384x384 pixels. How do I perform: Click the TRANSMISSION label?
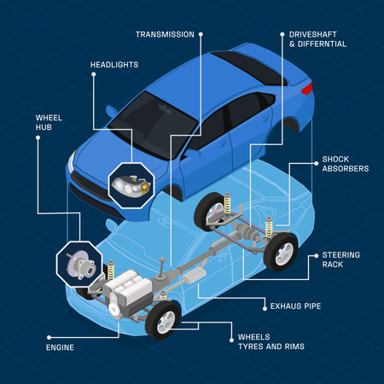(x=165, y=35)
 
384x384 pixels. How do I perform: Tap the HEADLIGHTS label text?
(x=113, y=65)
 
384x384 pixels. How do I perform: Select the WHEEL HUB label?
(x=48, y=122)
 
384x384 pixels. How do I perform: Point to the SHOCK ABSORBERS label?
(x=345, y=164)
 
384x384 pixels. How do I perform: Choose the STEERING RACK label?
(x=340, y=259)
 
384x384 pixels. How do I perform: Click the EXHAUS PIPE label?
(x=295, y=305)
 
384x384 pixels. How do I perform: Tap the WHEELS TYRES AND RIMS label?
(x=270, y=341)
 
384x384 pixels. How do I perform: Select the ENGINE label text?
(x=60, y=347)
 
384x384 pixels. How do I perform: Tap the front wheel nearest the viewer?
(x=163, y=320)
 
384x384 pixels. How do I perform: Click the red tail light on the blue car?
(x=306, y=87)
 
